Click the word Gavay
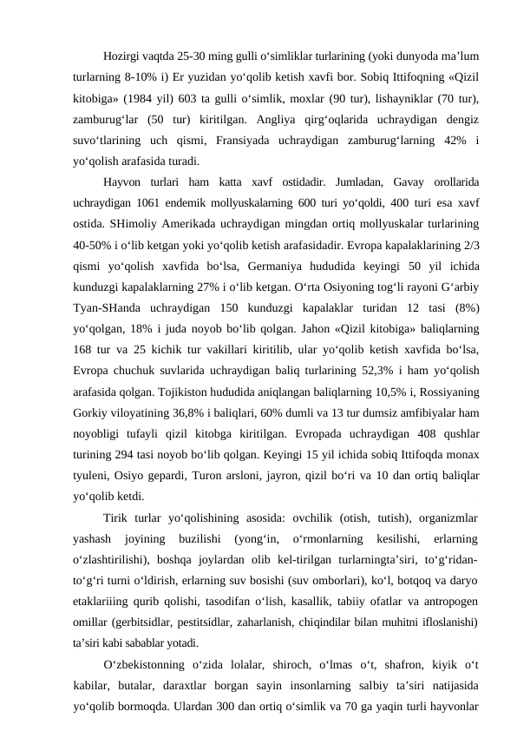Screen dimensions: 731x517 coord(368,184)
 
